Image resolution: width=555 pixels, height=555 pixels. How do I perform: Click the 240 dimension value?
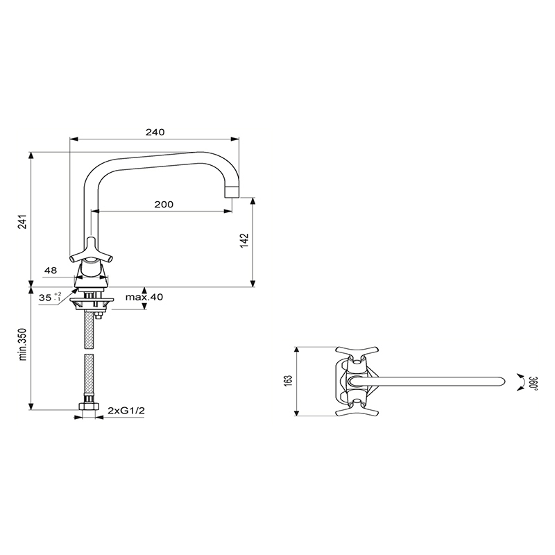point(155,132)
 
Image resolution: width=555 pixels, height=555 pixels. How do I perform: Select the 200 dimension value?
point(164,204)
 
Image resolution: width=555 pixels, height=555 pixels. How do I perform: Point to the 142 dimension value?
point(245,240)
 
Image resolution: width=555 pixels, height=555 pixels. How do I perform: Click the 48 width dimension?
point(51,271)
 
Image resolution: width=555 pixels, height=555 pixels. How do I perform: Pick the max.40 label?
point(144,297)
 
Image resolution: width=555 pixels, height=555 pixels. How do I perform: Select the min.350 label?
point(23,344)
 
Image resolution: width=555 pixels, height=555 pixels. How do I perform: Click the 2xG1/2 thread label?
point(126,411)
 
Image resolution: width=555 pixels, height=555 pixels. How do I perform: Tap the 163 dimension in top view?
point(288,381)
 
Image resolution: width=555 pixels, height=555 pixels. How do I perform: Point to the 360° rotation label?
point(533,383)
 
